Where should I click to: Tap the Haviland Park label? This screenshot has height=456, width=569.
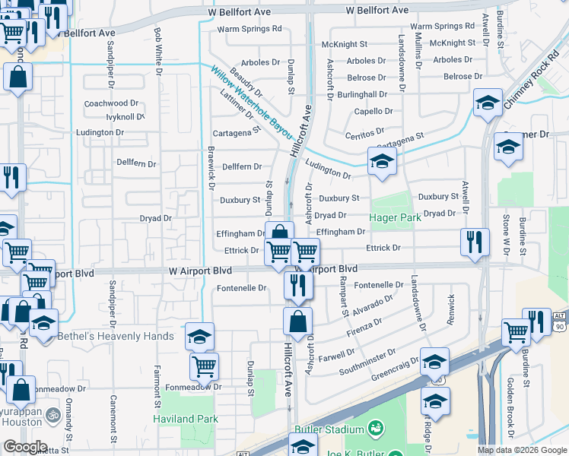tap(186, 419)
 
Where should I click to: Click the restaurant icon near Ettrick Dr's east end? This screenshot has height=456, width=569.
tap(475, 243)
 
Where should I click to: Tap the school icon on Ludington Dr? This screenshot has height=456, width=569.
tap(382, 161)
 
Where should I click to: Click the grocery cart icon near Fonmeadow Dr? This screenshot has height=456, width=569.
tap(204, 367)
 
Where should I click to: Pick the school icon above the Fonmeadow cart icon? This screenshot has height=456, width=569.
tap(199, 336)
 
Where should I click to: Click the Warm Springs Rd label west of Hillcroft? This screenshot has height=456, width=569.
tap(250, 29)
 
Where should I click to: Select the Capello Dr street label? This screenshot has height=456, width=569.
tap(374, 111)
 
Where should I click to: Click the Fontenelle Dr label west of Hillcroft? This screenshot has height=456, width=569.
tap(242, 288)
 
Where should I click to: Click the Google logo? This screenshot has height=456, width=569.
tap(24, 447)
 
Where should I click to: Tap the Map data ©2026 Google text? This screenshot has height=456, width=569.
tap(521, 450)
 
